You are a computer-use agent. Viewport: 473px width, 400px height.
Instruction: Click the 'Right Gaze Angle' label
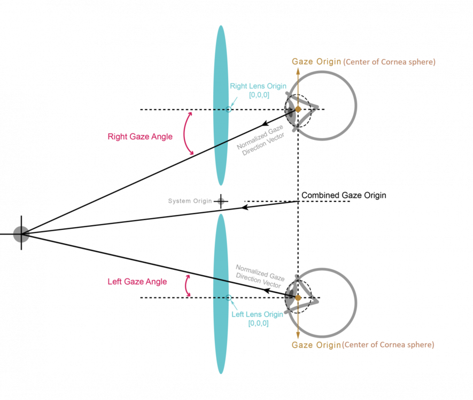[140, 137]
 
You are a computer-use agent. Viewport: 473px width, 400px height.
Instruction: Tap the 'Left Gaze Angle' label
[137, 282]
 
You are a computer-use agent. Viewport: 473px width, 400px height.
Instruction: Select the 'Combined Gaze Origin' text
[344, 195]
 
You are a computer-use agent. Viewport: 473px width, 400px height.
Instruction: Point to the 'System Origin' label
[190, 201]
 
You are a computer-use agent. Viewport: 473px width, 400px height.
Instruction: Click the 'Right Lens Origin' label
[258, 86]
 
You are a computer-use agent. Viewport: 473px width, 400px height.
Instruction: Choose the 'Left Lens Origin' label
[257, 315]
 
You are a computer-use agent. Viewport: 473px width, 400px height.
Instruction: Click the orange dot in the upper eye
[298, 109]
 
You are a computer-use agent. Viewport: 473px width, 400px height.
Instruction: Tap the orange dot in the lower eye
[298, 298]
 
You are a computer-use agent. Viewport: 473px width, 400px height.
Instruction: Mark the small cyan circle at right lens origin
[228, 109]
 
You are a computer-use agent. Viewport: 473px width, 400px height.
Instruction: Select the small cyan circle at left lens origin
[228, 298]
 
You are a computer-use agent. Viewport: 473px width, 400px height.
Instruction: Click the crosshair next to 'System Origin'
[221, 201]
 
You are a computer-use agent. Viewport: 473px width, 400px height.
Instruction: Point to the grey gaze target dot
[21, 234]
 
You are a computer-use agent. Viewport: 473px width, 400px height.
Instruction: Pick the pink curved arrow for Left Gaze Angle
[186, 286]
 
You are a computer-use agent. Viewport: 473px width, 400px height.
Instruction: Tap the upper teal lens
[221, 106]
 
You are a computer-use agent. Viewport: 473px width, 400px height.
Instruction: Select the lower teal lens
[221, 294]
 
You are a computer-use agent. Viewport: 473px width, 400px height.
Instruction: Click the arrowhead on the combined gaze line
[245, 207]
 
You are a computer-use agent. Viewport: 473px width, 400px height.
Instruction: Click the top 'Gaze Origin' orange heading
[316, 62]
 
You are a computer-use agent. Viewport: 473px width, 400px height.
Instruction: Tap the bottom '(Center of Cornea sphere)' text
[388, 345]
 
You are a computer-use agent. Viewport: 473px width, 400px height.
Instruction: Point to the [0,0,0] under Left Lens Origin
[258, 324]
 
